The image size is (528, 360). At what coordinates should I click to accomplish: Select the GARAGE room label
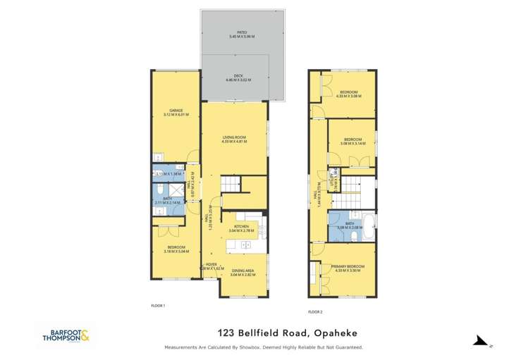pyautogui.click(x=176, y=111)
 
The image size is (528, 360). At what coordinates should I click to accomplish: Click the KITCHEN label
pyautogui.click(x=242, y=227)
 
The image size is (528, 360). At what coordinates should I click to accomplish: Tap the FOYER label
pyautogui.click(x=210, y=265)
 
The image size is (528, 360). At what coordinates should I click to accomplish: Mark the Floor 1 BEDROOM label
pyautogui.click(x=176, y=247)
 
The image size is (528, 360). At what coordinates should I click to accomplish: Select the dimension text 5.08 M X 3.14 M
pyautogui.click(x=352, y=143)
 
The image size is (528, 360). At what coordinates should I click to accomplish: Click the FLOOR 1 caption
pyautogui.click(x=158, y=305)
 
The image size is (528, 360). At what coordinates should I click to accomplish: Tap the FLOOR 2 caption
pyautogui.click(x=315, y=311)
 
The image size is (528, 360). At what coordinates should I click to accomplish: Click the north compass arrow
pyautogui.click(x=481, y=342)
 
